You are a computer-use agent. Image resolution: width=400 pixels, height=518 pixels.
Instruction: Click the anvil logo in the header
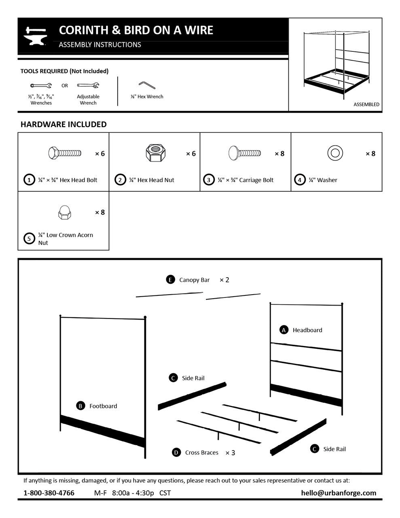pos(36,36)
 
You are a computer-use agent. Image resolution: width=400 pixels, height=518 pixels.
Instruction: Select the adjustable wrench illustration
pos(88,85)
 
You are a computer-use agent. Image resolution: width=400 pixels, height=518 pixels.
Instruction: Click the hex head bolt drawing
pos(65,153)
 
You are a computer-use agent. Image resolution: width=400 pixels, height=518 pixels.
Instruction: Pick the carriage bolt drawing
pos(245,154)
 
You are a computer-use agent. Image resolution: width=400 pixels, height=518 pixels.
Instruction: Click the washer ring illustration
pos(335,153)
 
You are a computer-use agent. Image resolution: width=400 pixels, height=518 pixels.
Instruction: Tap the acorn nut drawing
pos(63,212)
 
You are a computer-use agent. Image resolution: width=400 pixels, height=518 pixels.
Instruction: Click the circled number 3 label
pos(209,180)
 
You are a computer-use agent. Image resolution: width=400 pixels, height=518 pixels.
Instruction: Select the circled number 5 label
pos(29,239)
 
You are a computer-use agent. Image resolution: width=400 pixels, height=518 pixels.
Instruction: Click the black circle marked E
pos(170,280)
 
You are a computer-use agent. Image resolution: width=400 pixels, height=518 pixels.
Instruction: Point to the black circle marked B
pos(80,406)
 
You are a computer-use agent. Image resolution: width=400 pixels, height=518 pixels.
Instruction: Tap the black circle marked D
pos(176,452)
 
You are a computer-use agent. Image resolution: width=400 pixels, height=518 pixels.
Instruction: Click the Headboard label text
pos(307,330)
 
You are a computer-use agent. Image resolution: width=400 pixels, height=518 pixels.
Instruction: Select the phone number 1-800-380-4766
pos(49,493)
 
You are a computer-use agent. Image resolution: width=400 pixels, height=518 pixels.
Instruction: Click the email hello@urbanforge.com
pos(339,493)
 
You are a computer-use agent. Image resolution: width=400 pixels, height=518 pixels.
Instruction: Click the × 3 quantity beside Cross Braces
pos(230,453)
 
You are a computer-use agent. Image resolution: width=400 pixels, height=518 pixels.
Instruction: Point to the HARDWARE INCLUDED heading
pos(63,124)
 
